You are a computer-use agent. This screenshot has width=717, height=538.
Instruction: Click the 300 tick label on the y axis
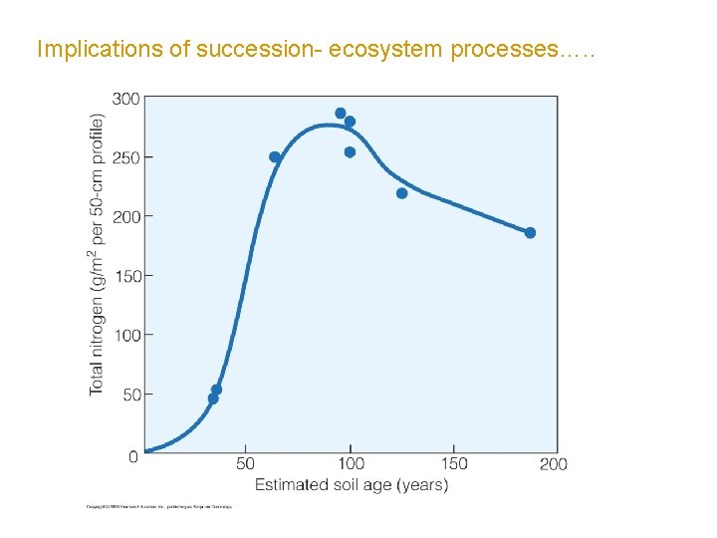(x=125, y=100)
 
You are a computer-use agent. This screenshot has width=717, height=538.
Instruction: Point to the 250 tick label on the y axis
(x=125, y=157)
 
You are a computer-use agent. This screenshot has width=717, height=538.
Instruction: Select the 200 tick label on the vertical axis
(x=125, y=216)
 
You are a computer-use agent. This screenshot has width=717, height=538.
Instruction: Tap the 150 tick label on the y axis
(x=125, y=276)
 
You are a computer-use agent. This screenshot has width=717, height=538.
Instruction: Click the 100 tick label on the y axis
(x=125, y=336)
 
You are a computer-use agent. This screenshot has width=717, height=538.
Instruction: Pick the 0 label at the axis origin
(x=133, y=456)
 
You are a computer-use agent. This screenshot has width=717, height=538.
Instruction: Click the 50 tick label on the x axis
(x=245, y=464)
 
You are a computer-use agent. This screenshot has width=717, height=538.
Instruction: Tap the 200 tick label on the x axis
(x=553, y=464)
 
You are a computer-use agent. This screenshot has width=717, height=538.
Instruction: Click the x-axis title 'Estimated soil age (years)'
(x=351, y=485)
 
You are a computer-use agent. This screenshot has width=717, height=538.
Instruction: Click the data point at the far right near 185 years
(x=530, y=233)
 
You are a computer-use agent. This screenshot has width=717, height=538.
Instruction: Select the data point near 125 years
(x=401, y=193)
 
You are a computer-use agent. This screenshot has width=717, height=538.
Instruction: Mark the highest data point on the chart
(x=341, y=114)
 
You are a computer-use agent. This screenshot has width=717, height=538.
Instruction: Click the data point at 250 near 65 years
(x=275, y=157)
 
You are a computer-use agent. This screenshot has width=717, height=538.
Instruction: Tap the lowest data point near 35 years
(x=213, y=399)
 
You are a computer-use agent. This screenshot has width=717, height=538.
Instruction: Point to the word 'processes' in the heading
(x=503, y=50)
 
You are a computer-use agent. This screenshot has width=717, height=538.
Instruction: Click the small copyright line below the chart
(x=159, y=507)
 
